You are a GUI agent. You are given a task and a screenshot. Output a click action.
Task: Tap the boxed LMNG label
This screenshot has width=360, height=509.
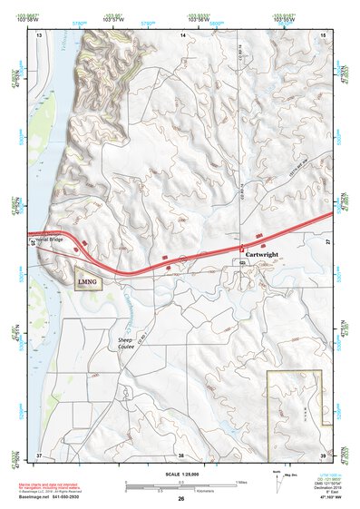(88, 280)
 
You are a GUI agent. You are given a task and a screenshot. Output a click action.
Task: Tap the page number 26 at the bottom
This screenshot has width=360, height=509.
(180, 499)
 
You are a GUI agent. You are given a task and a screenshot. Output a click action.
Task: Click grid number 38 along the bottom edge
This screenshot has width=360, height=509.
(180, 455)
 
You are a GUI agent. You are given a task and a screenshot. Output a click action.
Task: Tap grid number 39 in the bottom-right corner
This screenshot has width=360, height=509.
(322, 455)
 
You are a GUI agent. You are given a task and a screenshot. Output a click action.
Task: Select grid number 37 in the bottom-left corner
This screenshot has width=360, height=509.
(39, 455)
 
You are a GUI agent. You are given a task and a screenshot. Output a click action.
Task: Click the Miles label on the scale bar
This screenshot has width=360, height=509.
(239, 481)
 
